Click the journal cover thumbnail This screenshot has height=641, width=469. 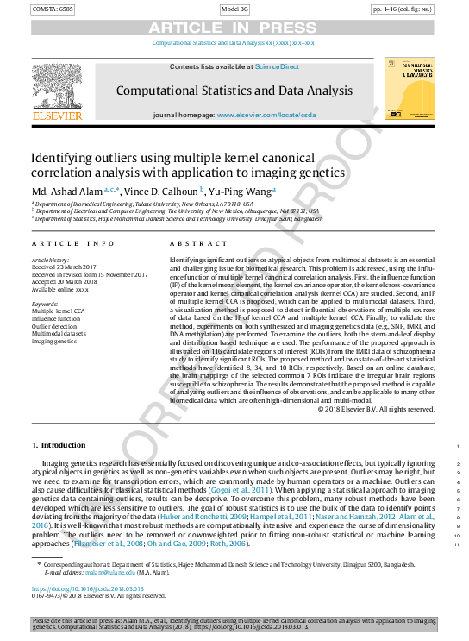[x=405, y=90]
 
